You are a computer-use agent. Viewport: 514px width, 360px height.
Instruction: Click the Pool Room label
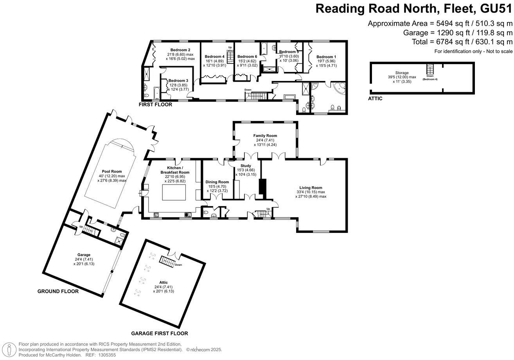click(112, 171)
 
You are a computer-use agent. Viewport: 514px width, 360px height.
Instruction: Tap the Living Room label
click(311, 187)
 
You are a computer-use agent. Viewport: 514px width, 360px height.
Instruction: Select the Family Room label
click(265, 135)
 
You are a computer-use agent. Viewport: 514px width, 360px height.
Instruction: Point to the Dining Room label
click(217, 182)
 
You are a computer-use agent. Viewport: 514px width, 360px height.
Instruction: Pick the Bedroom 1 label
click(326, 57)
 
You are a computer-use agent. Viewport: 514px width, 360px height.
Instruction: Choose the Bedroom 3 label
click(178, 81)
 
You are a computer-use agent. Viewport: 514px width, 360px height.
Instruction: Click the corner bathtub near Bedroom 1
click(337, 89)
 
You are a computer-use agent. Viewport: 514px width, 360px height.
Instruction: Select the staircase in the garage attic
click(168, 262)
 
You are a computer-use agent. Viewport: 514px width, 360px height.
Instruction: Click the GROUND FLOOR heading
click(58, 291)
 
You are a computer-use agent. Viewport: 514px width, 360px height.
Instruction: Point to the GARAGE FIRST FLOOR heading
click(159, 333)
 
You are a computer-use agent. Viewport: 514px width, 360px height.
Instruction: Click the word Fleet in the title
click(435, 8)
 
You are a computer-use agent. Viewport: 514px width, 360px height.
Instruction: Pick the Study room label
click(246, 166)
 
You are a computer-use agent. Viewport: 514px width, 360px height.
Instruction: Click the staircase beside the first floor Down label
click(258, 95)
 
